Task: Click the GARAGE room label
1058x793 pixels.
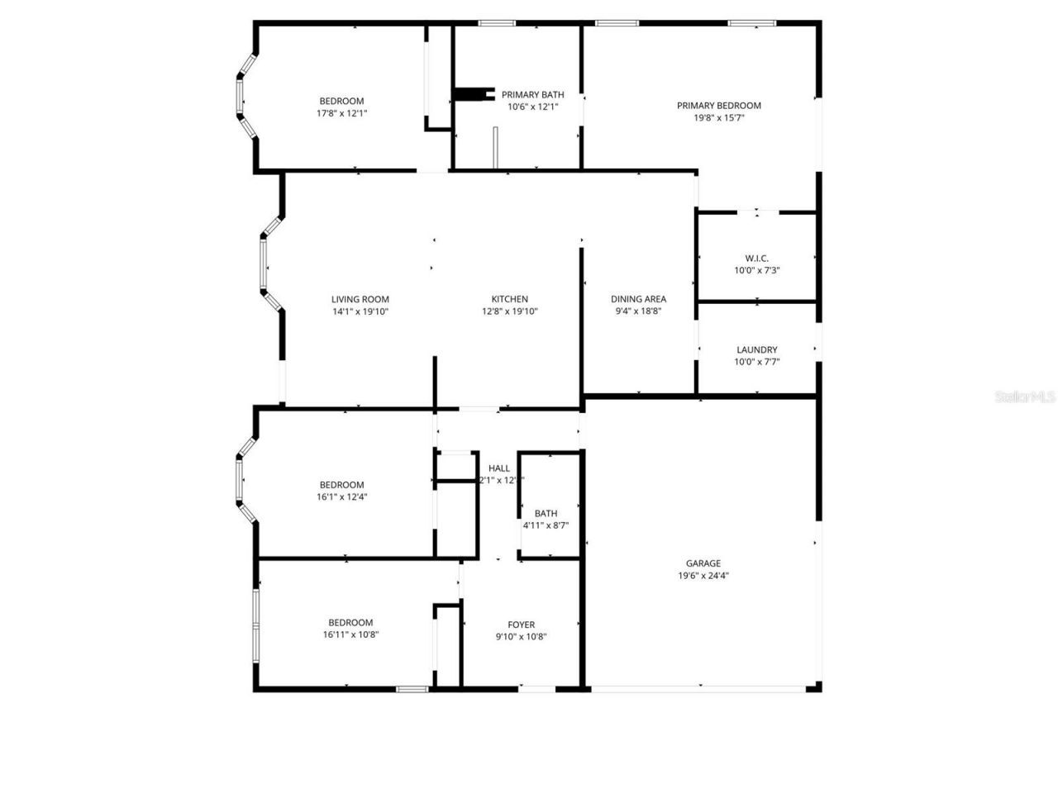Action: point(703,563)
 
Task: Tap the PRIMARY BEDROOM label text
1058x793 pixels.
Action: point(718,106)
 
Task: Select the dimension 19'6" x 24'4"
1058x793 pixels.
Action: point(703,577)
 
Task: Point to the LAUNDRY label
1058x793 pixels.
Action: point(756,349)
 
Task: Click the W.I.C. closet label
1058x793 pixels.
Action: point(756,259)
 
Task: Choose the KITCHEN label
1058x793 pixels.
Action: point(510,299)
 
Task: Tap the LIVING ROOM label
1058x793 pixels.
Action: point(360,299)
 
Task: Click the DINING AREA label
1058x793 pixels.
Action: point(638,299)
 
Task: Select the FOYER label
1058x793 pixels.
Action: point(521,624)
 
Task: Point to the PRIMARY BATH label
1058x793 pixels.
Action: point(532,94)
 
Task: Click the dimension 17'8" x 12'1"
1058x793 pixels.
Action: point(341,114)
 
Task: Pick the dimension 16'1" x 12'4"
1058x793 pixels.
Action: point(341,497)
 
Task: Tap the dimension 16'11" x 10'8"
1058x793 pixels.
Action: point(350,635)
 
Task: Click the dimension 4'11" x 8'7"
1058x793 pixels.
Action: point(546,525)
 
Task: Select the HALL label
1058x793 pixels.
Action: point(499,468)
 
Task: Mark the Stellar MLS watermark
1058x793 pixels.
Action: point(1025,397)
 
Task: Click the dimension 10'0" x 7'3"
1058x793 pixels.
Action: point(756,271)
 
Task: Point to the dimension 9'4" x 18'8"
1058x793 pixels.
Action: point(638,311)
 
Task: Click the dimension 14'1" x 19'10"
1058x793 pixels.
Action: point(360,311)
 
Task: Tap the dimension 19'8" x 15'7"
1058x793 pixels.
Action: point(718,118)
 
